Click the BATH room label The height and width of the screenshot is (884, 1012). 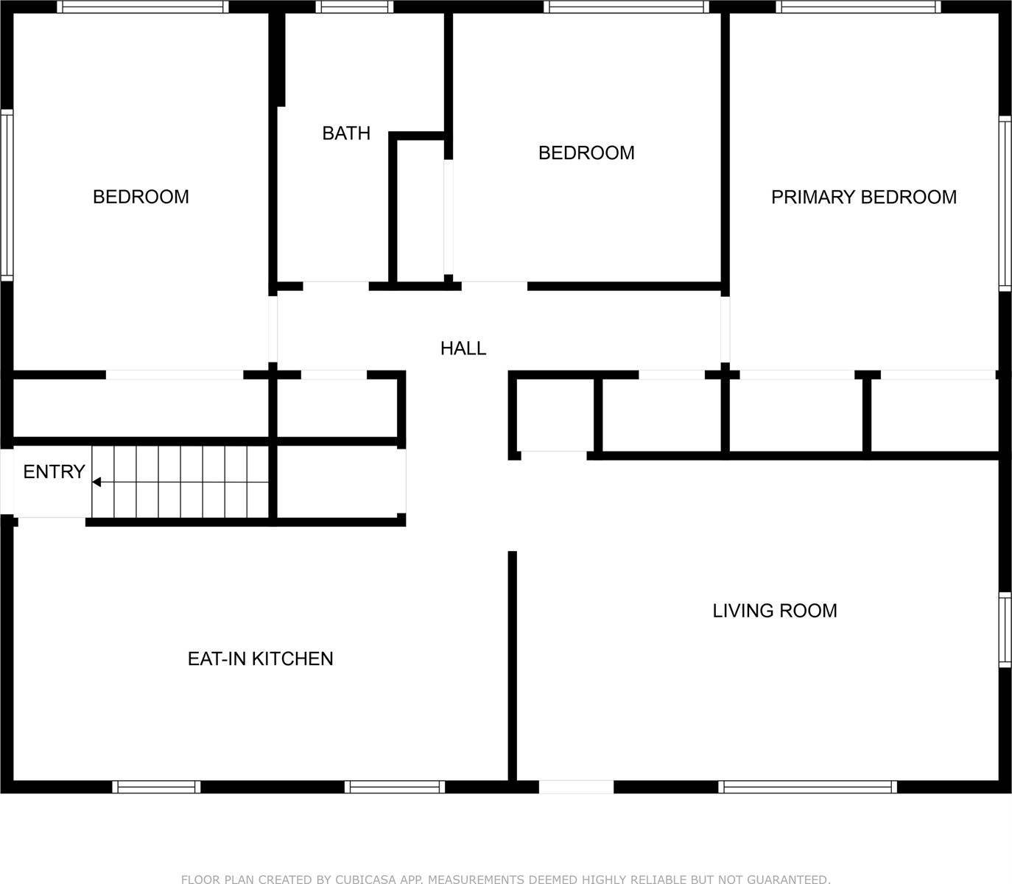pos(346,133)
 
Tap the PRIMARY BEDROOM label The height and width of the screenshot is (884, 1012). pos(863,197)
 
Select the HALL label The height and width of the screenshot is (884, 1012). pos(463,348)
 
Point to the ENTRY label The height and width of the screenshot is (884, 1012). pos(54,471)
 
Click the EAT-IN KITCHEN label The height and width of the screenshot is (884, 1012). pos(260,659)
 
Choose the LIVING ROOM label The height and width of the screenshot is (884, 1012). pos(774,611)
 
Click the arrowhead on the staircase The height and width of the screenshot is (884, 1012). pos(96,483)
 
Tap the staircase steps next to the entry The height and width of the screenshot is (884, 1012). pos(180,483)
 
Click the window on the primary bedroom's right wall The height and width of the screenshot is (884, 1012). pos(1005,203)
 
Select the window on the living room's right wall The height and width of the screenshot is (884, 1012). pos(1005,630)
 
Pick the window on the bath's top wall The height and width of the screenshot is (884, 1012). pos(354,7)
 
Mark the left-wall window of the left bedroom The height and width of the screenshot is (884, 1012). pos(7,195)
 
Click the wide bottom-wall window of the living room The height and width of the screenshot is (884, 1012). pos(807,787)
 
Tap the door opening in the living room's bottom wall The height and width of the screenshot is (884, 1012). pos(576,787)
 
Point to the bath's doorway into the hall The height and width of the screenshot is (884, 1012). pos(336,286)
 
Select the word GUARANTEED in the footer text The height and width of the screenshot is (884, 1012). pos(789,879)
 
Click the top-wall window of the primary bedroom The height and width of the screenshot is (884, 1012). pos(858,7)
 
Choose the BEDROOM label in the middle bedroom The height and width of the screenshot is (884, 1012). pos(586,152)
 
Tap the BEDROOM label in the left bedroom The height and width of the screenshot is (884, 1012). pos(141,197)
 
